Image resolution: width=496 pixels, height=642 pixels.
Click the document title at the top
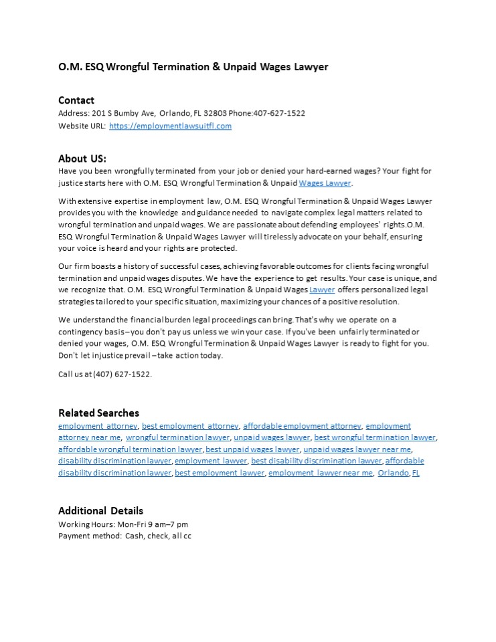(193, 67)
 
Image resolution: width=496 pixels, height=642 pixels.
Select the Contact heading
(76, 100)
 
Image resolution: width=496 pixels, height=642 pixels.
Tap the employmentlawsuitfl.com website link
(170, 126)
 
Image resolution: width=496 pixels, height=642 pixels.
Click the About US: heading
(82, 158)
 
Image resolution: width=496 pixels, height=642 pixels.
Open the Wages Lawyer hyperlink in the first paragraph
(325, 183)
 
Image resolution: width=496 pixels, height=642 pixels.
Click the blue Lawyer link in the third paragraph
(322, 290)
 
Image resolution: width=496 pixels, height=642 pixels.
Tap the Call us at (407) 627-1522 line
(105, 374)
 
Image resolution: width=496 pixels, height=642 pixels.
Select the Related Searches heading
(98, 413)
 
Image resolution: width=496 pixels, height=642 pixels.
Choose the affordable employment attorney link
(302, 425)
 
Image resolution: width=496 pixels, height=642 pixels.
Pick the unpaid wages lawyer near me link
(357, 449)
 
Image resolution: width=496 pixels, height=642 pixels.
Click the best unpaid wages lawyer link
(252, 449)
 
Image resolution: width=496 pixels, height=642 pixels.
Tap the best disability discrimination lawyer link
(316, 461)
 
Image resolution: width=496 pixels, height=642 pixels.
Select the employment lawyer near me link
(321, 473)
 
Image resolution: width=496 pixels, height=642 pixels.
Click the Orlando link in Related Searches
(393, 473)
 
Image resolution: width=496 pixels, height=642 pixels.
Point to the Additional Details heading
(100, 511)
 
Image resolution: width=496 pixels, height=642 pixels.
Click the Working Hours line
(123, 524)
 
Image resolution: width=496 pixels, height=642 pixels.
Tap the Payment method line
(125, 536)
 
